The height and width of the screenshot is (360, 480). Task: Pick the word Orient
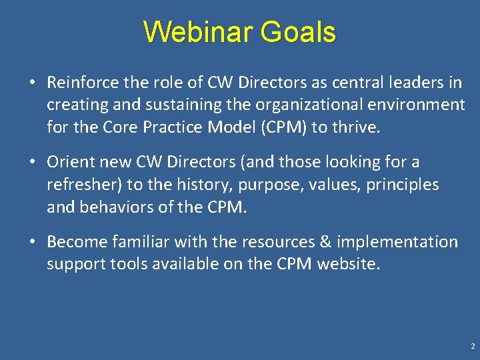(x=69, y=162)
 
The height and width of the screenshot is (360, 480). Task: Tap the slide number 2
(x=472, y=347)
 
